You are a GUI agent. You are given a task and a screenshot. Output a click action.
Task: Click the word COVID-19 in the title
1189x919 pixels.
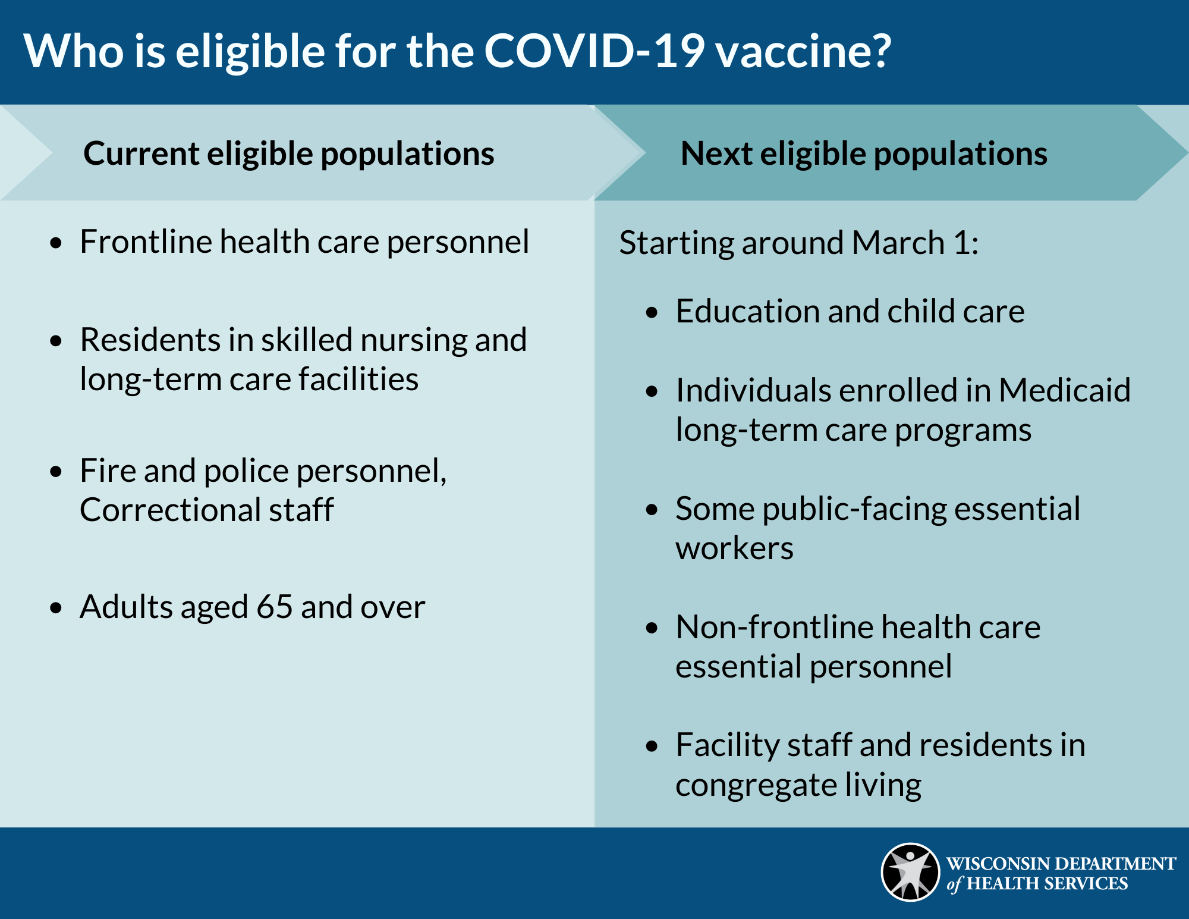(x=594, y=52)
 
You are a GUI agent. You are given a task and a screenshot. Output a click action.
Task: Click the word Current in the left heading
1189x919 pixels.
(x=141, y=154)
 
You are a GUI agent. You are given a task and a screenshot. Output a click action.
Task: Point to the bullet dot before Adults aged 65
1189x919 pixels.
(x=56, y=608)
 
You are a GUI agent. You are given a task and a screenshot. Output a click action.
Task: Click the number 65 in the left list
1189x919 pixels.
(x=274, y=607)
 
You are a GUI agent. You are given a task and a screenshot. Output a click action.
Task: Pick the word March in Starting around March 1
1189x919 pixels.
(x=898, y=243)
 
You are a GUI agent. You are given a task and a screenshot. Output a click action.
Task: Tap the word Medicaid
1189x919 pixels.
(x=1064, y=391)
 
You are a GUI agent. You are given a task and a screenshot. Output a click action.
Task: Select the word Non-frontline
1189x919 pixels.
(x=773, y=628)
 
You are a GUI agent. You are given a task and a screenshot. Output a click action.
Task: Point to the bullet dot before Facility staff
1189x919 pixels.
(x=652, y=747)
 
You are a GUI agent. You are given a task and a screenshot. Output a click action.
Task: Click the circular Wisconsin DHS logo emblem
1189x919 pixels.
(x=910, y=873)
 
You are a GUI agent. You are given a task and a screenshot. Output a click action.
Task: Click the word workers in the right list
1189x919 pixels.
(x=734, y=548)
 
